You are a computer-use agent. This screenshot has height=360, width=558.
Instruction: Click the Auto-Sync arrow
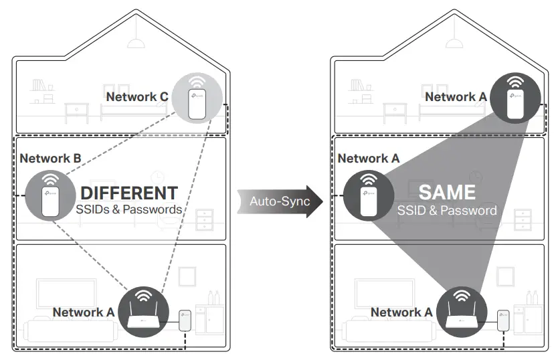[x=280, y=201]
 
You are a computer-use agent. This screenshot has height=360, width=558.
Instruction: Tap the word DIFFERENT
[x=129, y=193]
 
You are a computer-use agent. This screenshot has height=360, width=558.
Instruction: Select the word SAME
[x=447, y=193]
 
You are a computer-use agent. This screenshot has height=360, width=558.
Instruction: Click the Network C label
[x=136, y=96]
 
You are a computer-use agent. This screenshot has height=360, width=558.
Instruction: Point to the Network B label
[x=50, y=159]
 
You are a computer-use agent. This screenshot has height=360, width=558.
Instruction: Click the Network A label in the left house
[x=83, y=312]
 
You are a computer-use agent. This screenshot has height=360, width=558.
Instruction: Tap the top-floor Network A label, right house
[x=456, y=96]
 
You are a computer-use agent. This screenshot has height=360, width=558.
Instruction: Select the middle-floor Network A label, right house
[x=368, y=159]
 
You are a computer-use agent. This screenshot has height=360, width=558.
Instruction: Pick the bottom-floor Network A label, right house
[x=401, y=312]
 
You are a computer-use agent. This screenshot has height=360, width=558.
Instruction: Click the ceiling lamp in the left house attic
[x=137, y=42]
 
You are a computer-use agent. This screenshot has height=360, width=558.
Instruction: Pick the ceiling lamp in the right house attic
[x=455, y=42]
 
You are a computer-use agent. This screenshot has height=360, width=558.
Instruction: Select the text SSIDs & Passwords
[x=129, y=209]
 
